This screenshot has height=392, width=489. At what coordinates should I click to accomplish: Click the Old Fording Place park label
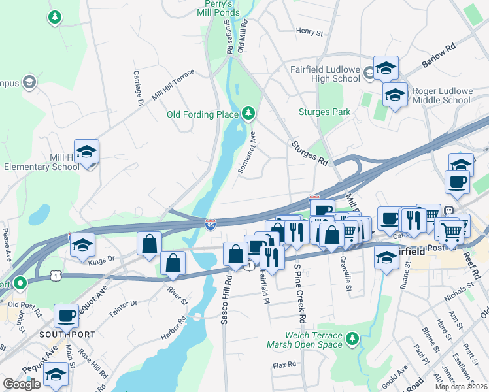[x=203, y=114]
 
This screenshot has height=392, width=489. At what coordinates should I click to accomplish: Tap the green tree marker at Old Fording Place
[x=248, y=114]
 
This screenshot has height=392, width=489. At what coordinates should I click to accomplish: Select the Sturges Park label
[x=324, y=112]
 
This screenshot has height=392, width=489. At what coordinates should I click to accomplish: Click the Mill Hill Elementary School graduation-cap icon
[x=86, y=152]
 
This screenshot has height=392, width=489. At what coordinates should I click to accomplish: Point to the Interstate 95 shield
[x=211, y=225]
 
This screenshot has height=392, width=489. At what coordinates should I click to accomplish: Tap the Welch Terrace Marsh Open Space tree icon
[x=353, y=338]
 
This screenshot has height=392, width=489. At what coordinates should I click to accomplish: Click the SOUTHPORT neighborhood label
[x=67, y=334]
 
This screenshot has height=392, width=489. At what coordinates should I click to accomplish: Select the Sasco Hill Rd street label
[x=229, y=301]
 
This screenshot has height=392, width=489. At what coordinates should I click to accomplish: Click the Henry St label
[x=309, y=31]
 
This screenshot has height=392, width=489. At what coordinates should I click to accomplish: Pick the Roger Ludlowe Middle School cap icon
[x=395, y=95]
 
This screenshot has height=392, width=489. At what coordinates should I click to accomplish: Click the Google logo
[x=22, y=384]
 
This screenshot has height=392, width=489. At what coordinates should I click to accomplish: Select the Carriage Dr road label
[x=139, y=88]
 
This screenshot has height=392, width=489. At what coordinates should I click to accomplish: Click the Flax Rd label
[x=285, y=365]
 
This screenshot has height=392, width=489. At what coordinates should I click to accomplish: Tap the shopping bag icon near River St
[x=174, y=264]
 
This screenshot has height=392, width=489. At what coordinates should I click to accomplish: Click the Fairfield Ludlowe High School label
[x=325, y=74]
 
